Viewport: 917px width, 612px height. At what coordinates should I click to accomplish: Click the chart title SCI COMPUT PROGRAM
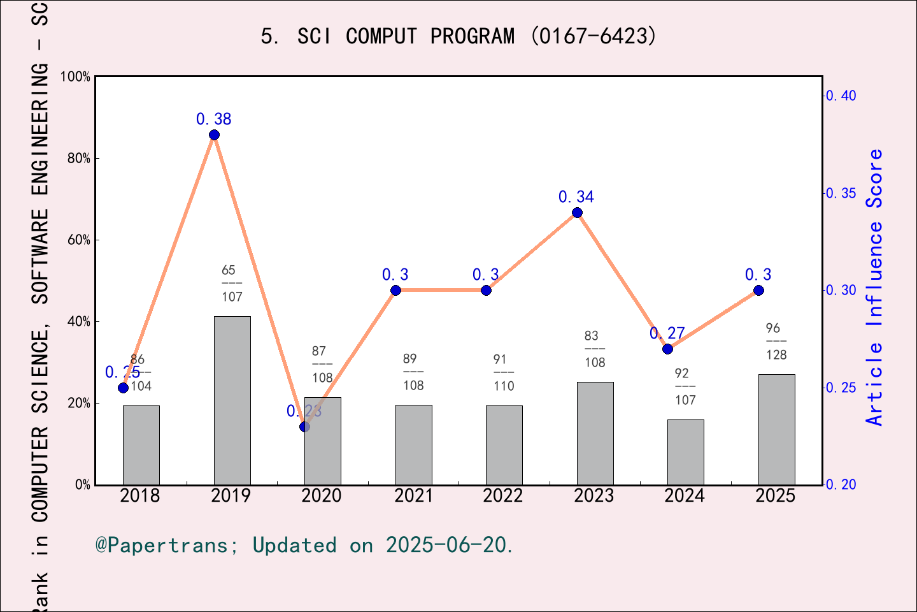(458, 36)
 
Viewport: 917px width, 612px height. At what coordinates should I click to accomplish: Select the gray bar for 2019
(232, 400)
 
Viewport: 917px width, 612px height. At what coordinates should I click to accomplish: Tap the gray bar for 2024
(685, 452)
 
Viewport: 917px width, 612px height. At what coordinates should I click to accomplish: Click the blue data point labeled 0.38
(214, 135)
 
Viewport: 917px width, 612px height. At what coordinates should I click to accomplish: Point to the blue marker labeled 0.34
(577, 213)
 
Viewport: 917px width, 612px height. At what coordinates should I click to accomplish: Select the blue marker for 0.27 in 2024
(667, 349)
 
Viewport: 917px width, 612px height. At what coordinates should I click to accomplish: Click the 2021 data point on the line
(395, 291)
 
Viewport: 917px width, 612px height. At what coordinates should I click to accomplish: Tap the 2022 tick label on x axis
(502, 496)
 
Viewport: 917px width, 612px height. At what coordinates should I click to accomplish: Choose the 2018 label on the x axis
(140, 496)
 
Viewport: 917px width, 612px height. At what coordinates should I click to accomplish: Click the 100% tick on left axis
(75, 76)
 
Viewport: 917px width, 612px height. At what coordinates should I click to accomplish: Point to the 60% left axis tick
(78, 240)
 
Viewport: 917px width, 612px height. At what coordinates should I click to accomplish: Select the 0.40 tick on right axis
(841, 96)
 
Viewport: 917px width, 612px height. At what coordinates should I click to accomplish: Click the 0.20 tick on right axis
(841, 484)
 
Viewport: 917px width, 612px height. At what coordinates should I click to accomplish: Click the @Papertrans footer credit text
(304, 545)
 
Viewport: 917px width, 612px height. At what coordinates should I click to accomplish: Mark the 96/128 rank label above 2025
(776, 342)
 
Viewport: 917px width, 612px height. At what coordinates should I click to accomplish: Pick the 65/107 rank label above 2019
(232, 284)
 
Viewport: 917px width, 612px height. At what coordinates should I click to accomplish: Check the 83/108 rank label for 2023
(594, 349)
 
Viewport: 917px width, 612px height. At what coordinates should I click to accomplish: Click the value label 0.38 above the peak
(214, 119)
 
